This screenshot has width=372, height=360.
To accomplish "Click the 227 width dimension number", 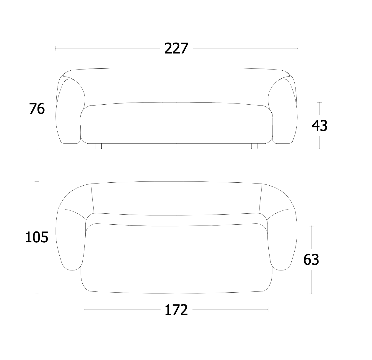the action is (x=176, y=48).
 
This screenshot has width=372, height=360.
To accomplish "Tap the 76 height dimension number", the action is (x=37, y=108).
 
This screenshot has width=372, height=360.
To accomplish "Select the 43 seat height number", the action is (x=319, y=126).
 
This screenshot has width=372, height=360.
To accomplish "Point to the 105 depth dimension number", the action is (x=37, y=237).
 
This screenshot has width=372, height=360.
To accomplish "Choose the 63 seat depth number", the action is (x=311, y=260).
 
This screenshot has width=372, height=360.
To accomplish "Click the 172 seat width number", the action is (x=176, y=310).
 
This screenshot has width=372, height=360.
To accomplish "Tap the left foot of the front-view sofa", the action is (x=98, y=146).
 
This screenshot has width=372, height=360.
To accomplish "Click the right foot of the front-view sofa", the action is (x=254, y=146).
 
